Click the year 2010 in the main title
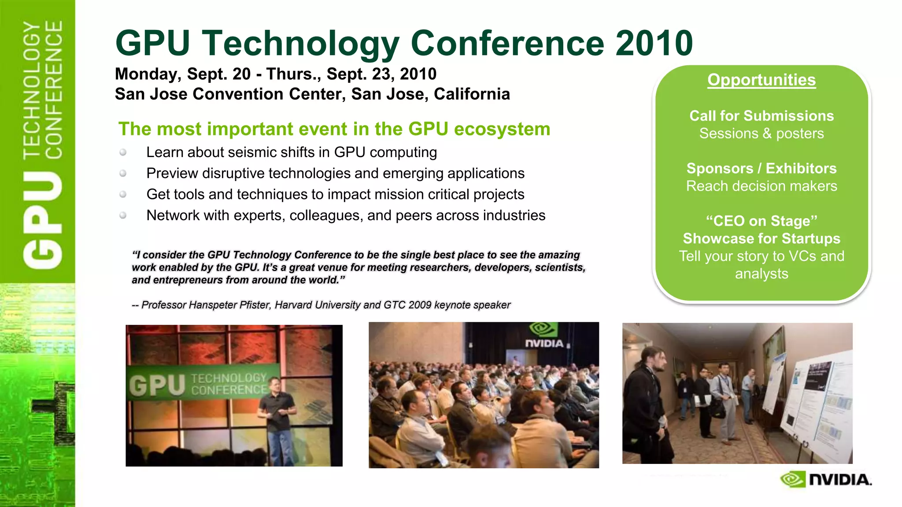(x=654, y=43)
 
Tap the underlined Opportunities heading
(x=762, y=80)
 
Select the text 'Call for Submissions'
(x=762, y=116)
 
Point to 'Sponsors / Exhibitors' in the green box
(x=762, y=169)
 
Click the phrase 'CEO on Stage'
(x=762, y=221)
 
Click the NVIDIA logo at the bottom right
(x=826, y=479)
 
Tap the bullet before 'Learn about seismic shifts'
(x=123, y=152)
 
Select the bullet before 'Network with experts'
(x=123, y=215)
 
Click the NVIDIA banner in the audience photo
(x=544, y=337)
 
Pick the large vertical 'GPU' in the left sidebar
(x=43, y=220)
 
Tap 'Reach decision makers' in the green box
(x=762, y=186)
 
